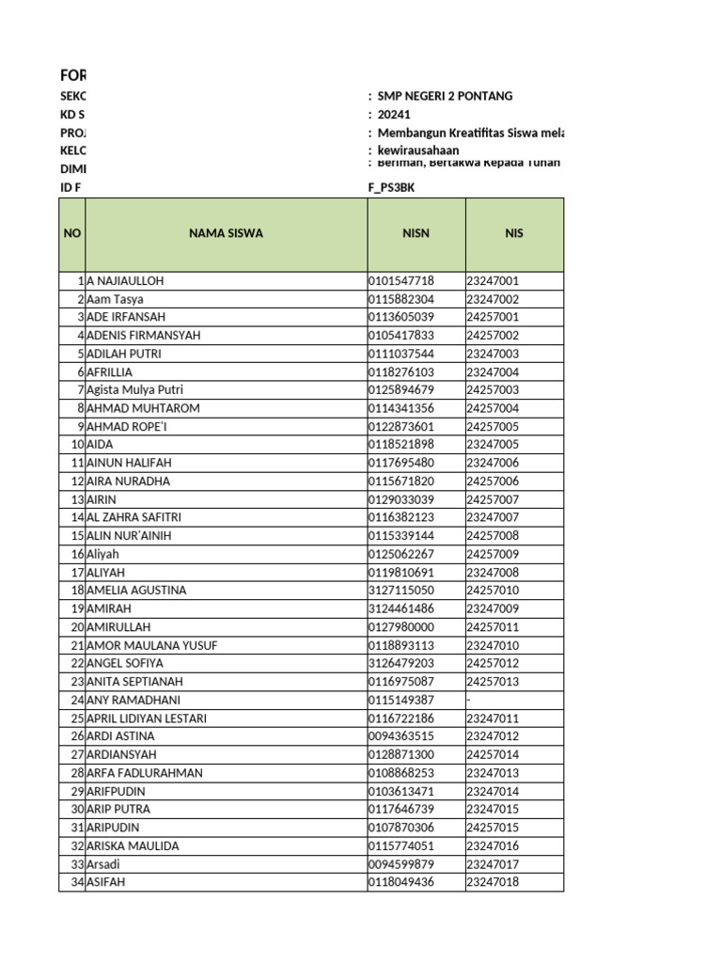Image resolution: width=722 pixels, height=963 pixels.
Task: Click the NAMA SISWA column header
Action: coord(226,234)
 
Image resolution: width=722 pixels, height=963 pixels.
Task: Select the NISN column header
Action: coord(416,234)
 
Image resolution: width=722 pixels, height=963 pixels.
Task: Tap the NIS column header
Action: coord(513,234)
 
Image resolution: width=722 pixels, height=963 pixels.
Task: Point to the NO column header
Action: coord(71,234)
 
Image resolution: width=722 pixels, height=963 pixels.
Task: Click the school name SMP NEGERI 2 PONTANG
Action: coord(445,97)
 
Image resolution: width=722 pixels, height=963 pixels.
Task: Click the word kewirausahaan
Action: coord(418,150)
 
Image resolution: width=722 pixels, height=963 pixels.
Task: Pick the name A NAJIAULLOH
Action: coord(131,281)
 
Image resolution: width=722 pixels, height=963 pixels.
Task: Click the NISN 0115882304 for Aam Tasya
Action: coord(401,299)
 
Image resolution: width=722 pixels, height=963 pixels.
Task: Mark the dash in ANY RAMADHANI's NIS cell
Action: coord(468,701)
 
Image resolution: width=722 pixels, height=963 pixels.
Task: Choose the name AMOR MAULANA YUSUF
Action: coord(145,645)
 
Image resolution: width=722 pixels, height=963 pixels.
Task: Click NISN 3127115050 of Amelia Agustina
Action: coord(401,591)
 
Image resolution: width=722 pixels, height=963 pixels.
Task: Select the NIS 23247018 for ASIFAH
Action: coord(493,882)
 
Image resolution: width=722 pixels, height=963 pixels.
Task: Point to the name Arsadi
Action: coord(104,864)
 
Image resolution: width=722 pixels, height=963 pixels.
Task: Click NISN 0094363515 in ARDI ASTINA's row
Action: coord(401,736)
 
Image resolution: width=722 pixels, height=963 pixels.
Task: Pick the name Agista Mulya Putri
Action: coord(134,390)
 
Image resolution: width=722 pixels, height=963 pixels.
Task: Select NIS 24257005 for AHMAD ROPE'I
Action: coord(493,427)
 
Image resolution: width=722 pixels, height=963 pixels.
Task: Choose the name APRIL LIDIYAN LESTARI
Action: coord(147,718)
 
